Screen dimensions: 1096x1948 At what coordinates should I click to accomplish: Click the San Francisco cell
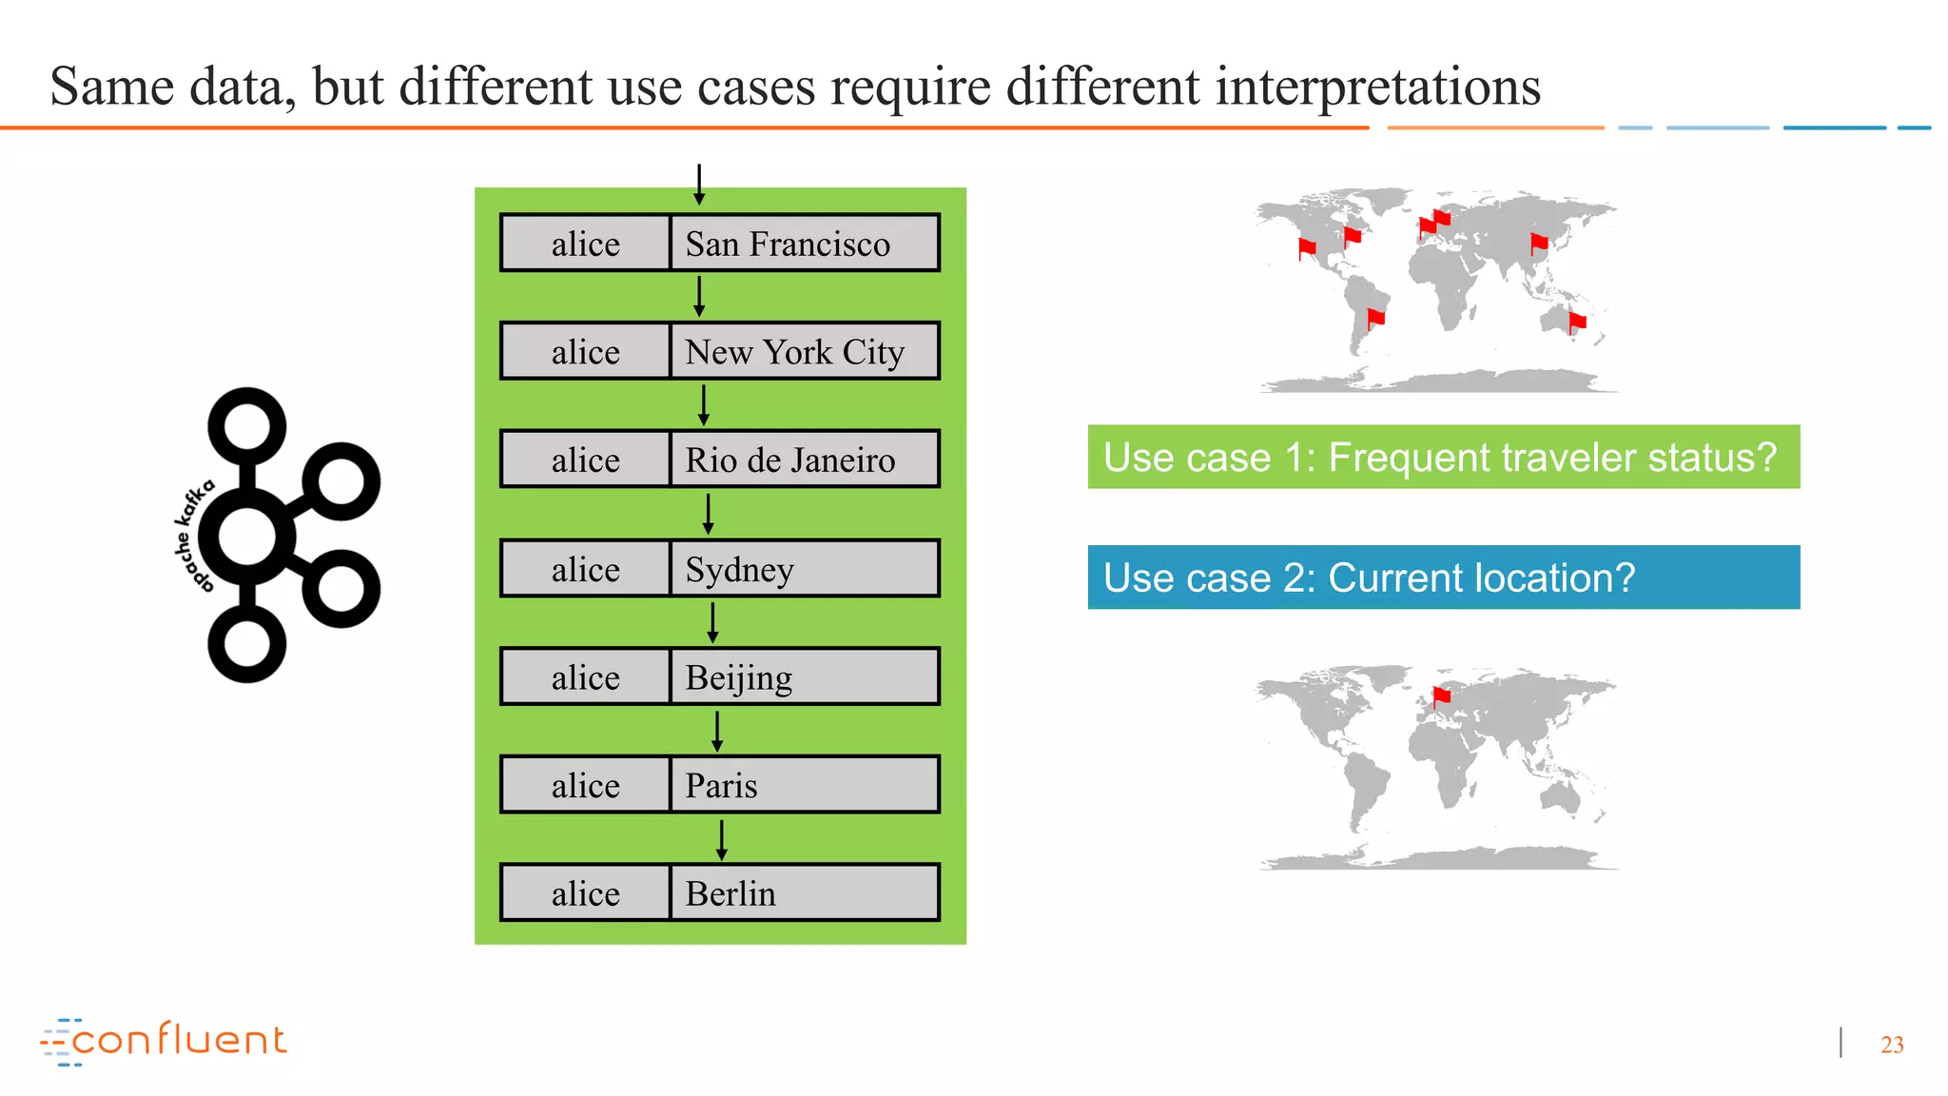coord(804,244)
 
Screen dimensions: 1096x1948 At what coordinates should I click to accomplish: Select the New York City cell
coord(804,352)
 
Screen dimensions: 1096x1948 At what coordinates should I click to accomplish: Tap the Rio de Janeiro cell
coord(804,460)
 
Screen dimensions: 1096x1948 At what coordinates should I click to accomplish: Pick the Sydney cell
coord(804,569)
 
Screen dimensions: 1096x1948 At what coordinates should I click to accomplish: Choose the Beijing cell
coord(804,677)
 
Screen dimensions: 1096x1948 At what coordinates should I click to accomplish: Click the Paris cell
coord(804,786)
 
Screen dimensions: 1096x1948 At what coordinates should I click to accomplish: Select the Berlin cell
coord(804,893)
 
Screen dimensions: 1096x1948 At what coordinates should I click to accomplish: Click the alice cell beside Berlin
coord(585,893)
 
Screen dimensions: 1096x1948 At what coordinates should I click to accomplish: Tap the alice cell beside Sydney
coord(585,569)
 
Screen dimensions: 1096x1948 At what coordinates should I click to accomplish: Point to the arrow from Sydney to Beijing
coord(712,623)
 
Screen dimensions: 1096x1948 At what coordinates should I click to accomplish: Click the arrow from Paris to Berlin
coord(722,839)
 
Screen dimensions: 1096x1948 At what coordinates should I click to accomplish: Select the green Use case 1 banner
coord(1443,458)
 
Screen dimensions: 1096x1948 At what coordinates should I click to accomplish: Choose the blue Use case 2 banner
coord(1443,577)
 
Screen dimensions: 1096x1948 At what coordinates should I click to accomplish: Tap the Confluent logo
coord(164,1041)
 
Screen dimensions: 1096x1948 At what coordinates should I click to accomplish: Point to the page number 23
coord(1891,1045)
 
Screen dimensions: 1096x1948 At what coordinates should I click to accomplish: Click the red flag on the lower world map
coord(1442,696)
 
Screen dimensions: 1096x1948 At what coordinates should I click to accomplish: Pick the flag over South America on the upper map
coord(1375,318)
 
